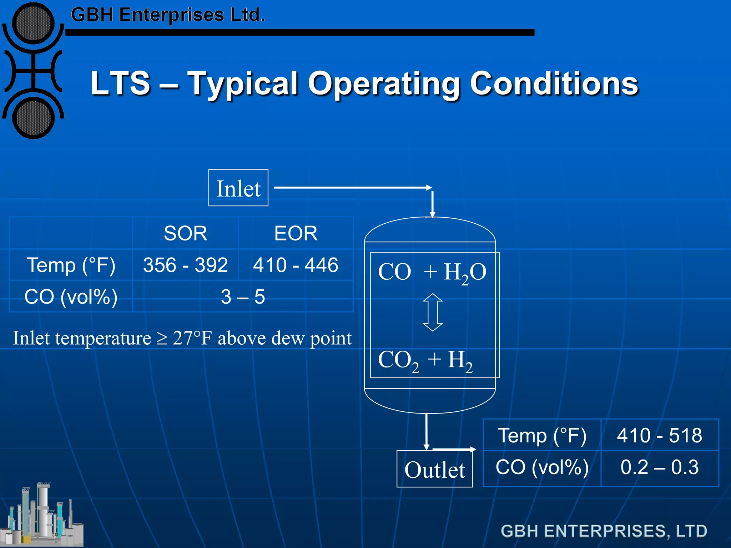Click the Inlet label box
pyautogui.click(x=238, y=188)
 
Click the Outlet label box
pyautogui.click(x=434, y=469)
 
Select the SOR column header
pyautogui.click(x=185, y=233)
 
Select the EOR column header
pyautogui.click(x=296, y=233)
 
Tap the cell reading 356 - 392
pyautogui.click(x=185, y=265)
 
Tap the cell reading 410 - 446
pyautogui.click(x=296, y=265)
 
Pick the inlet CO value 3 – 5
pyautogui.click(x=243, y=296)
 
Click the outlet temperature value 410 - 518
pyautogui.click(x=660, y=435)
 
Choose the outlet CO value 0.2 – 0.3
pyautogui.click(x=660, y=467)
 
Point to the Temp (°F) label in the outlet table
pyautogui.click(x=542, y=435)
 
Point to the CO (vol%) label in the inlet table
pyautogui.click(x=71, y=296)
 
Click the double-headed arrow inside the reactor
pyautogui.click(x=433, y=313)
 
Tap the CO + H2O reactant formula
pyautogui.click(x=432, y=272)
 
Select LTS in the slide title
pyautogui.click(x=120, y=83)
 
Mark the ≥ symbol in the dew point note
pyautogui.click(x=162, y=338)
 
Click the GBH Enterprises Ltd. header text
pyautogui.click(x=168, y=15)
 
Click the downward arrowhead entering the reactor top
pyautogui.click(x=432, y=214)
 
